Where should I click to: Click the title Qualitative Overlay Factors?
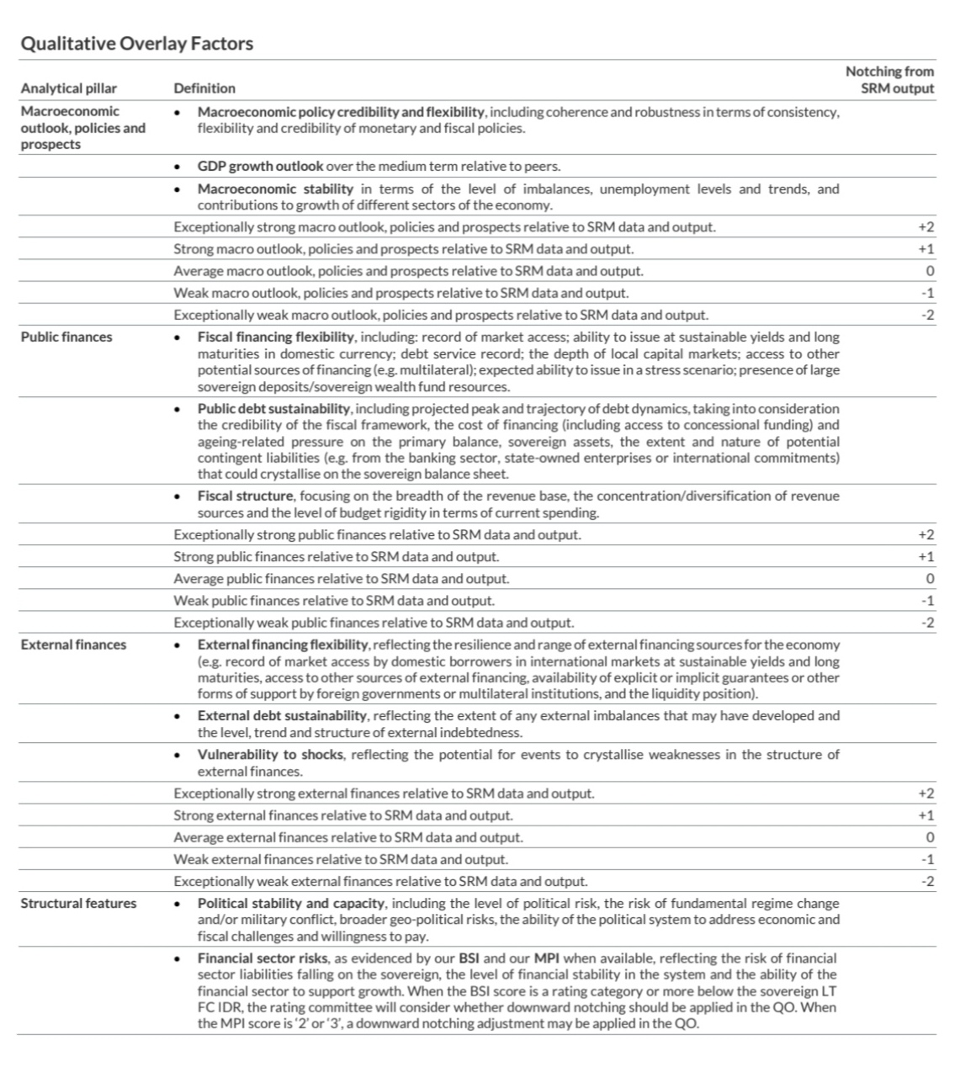(136, 44)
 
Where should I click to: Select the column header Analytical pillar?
(69, 88)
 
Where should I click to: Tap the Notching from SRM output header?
(889, 80)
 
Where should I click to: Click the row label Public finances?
(66, 337)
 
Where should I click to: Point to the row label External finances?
(73, 645)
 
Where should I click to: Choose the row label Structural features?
(78, 904)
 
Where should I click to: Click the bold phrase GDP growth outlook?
(260, 167)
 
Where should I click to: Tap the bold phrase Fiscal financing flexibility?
(275, 337)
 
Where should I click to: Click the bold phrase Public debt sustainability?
(273, 409)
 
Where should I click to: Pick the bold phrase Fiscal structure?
(245, 496)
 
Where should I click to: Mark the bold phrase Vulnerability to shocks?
(270, 755)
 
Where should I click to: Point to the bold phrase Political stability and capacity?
(291, 904)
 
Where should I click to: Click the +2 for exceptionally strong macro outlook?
(926, 228)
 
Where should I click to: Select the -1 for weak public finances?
(927, 602)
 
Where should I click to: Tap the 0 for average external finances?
(930, 838)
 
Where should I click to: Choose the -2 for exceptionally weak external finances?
(927, 882)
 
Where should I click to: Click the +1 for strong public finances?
(926, 557)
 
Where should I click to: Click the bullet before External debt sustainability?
(177, 717)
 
